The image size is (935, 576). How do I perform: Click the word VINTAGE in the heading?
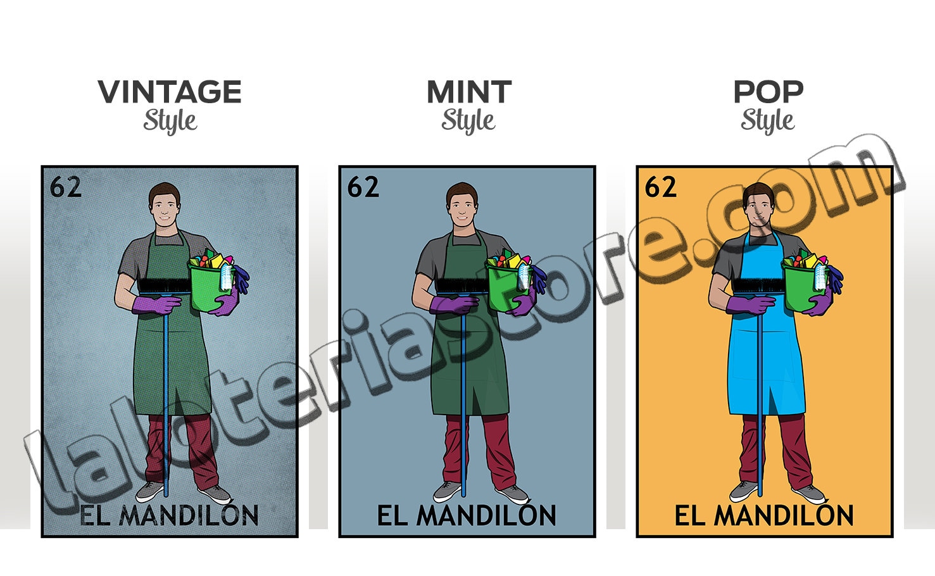pos(170,92)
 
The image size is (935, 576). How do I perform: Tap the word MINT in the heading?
pos(468,92)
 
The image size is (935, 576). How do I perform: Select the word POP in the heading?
pos(767,92)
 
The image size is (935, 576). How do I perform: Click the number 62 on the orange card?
pos(660,187)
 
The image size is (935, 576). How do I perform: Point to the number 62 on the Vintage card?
pos(65,187)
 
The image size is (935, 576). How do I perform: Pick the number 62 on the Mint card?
pos(363,187)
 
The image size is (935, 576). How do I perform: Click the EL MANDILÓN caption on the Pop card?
pos(764,516)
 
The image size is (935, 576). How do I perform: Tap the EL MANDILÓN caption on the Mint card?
pos(467,516)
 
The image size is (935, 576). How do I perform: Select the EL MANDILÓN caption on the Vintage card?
pos(169,516)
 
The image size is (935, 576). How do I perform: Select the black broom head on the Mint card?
pos(460,286)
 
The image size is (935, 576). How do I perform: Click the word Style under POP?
pos(767,120)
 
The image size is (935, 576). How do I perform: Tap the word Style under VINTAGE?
pos(170,120)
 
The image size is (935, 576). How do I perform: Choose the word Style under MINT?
pos(468,120)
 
